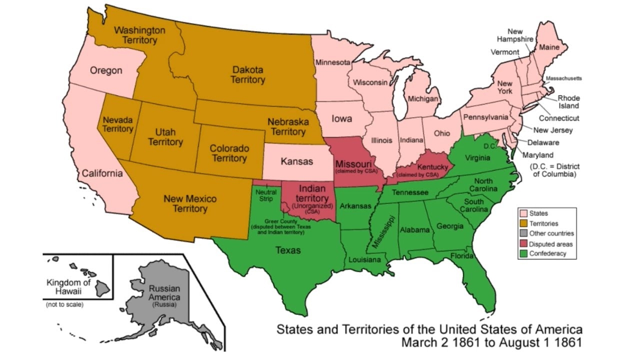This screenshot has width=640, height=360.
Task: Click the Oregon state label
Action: [106, 70]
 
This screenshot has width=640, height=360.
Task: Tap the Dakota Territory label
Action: [248, 75]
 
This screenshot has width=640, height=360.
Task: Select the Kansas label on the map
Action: [296, 161]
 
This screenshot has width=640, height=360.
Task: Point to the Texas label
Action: [288, 249]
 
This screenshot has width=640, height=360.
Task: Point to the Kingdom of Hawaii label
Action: [68, 286]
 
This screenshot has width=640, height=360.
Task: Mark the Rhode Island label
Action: [568, 102]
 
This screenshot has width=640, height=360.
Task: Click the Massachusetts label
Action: [563, 78]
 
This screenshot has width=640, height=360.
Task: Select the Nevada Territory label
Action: [118, 124]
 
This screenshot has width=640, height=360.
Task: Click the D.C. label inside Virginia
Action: [489, 146]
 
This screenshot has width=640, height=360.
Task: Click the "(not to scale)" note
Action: [64, 304]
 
